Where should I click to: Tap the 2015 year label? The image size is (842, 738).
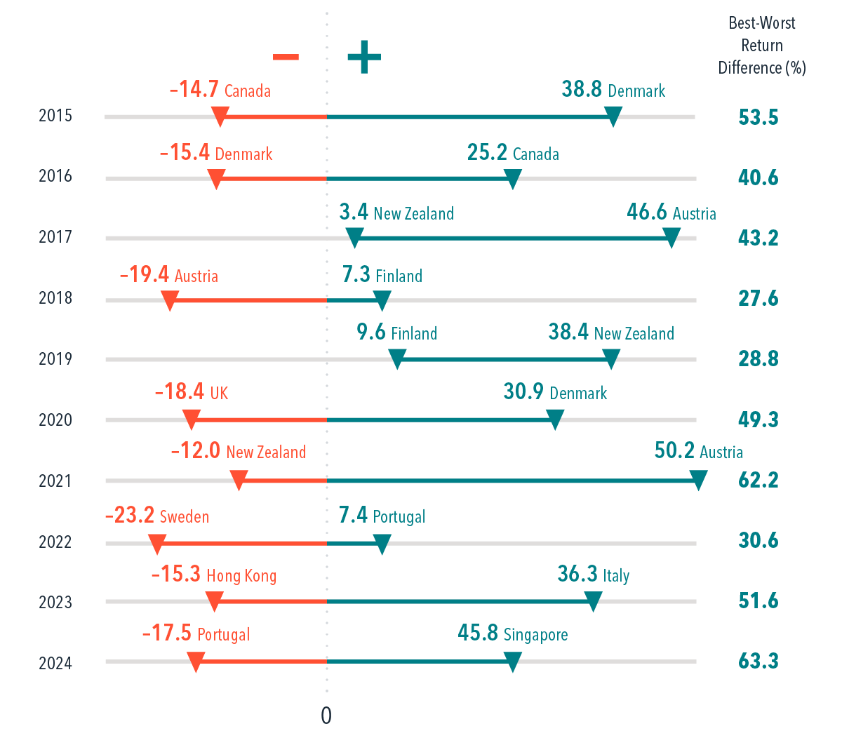pos(55,116)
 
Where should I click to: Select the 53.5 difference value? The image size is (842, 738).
pos(758,117)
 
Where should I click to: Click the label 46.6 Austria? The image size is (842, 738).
pos(671,213)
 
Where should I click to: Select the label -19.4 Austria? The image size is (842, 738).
pos(168,276)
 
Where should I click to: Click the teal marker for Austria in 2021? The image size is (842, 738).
pos(698,481)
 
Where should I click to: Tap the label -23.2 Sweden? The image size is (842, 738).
pos(156,517)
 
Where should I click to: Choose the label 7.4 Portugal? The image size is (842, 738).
pos(382,517)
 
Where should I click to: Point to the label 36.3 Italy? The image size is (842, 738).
pos(593,576)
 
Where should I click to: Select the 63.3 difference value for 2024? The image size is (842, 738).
pos(758,662)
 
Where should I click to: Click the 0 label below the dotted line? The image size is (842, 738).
pos(326,716)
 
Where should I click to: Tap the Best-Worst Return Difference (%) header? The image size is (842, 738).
pos(762,46)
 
